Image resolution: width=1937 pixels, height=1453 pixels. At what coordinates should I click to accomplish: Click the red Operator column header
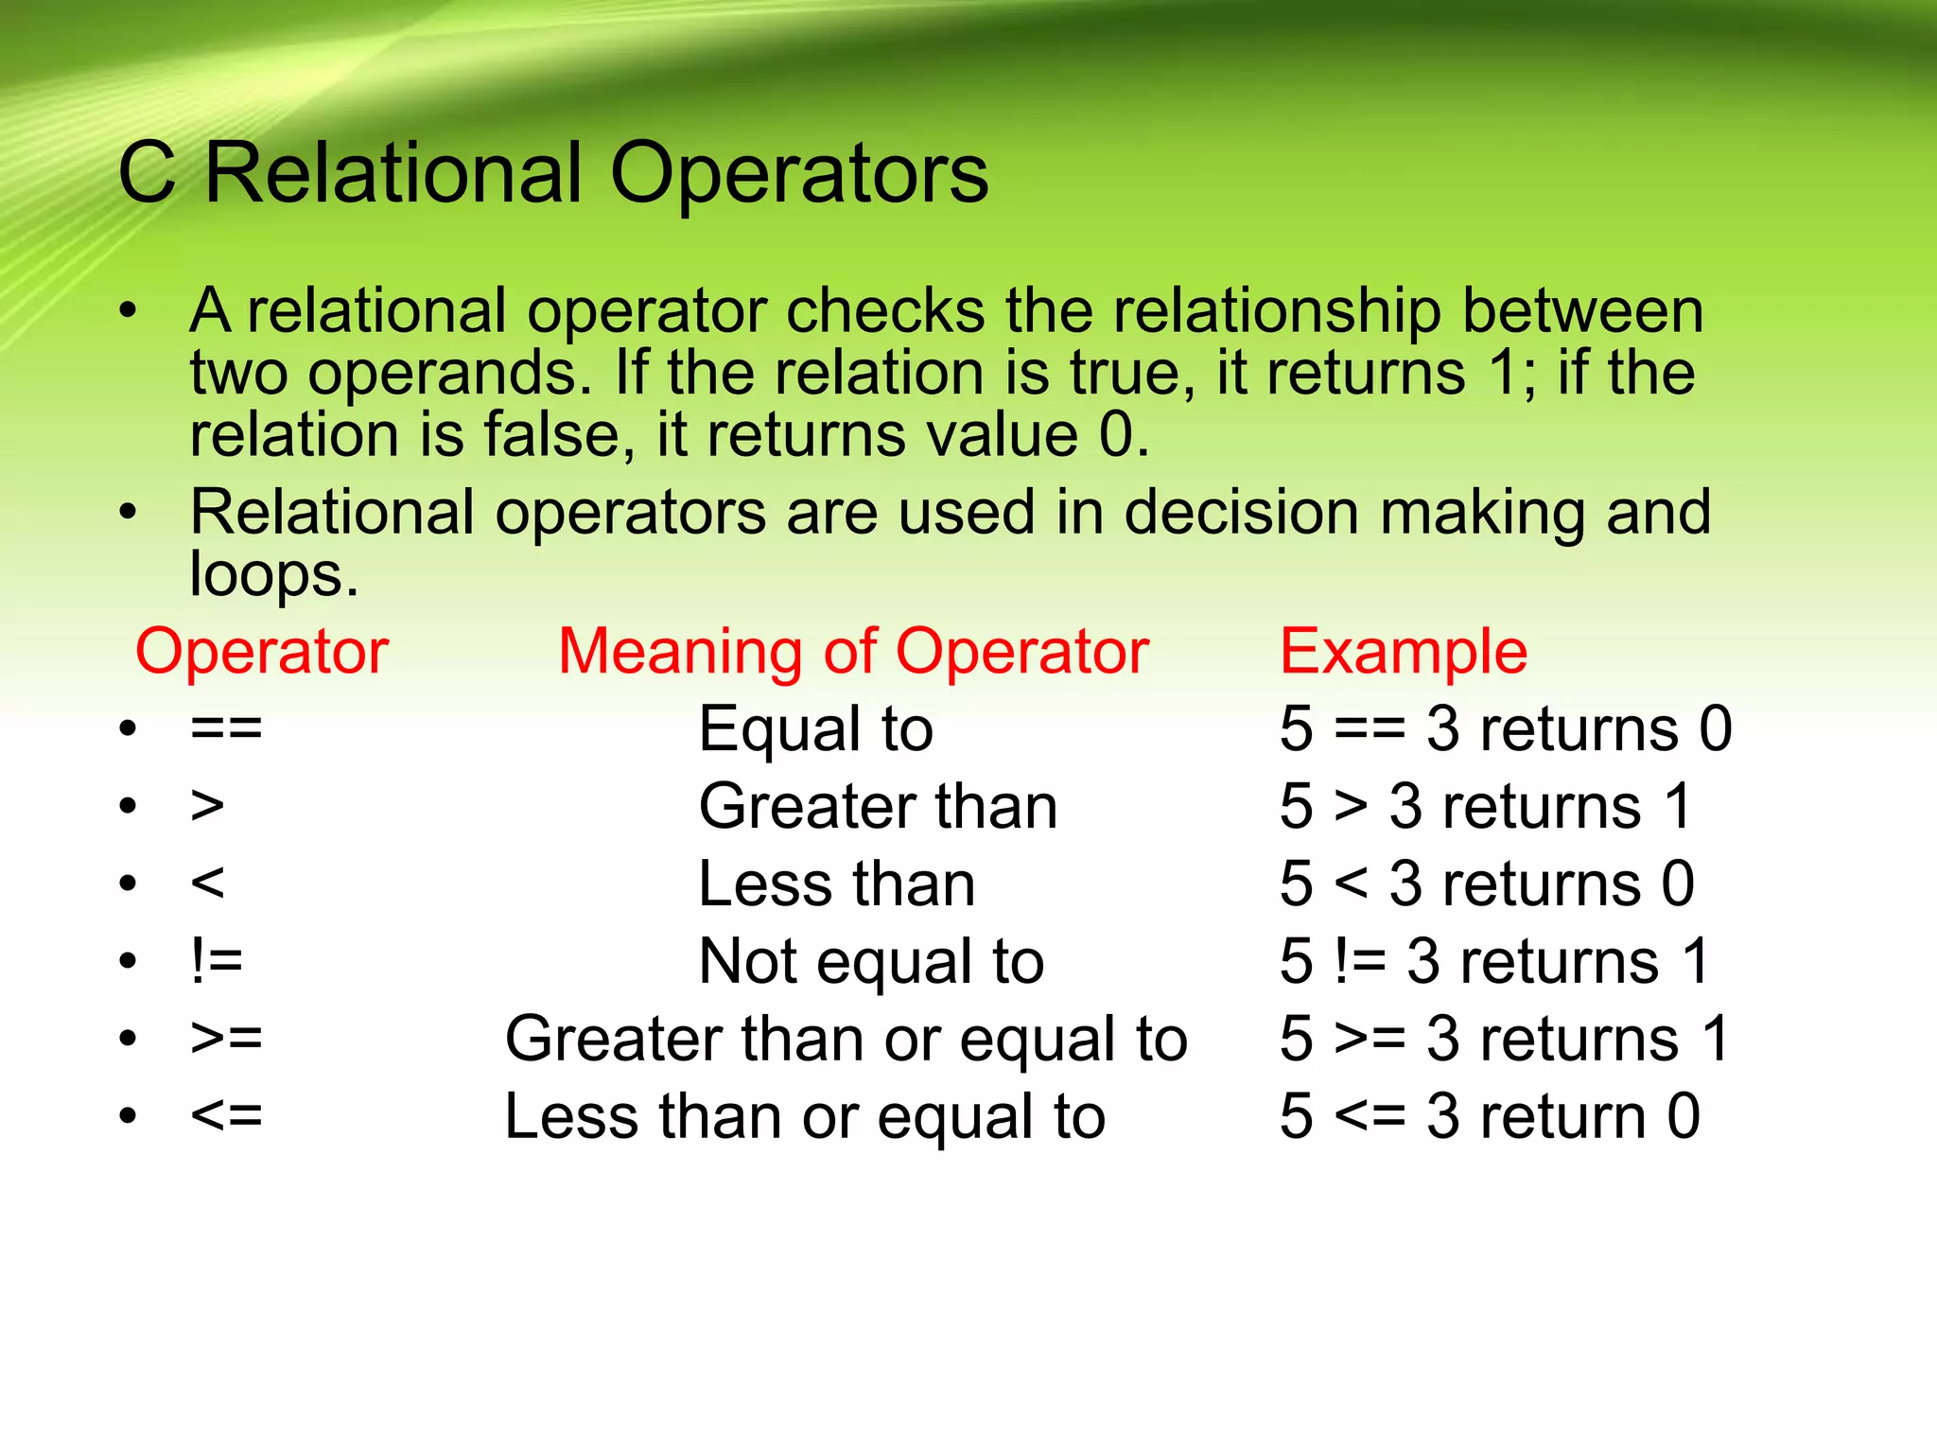point(262,652)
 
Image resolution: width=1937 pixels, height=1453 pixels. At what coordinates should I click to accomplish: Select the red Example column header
point(1403,652)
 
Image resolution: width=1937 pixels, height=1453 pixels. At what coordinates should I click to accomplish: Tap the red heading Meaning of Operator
point(853,652)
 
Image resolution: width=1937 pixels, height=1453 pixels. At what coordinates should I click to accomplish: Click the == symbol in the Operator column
point(226,729)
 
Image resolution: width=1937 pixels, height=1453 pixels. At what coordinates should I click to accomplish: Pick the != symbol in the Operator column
point(217,962)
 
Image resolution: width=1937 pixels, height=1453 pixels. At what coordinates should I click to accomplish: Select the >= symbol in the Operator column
point(226,1040)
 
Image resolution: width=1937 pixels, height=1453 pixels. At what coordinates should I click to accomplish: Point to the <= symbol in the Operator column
point(226,1117)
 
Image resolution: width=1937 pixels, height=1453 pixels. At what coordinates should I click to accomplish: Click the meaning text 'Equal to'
point(815,729)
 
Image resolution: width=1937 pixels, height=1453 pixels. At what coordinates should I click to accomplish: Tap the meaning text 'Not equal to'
point(871,962)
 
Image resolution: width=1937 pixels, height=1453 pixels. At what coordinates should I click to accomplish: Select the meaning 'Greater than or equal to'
point(846,1040)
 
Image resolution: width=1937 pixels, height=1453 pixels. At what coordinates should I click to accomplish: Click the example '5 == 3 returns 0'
point(1505,729)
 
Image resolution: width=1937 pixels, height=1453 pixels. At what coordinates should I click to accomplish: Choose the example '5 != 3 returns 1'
point(1494,962)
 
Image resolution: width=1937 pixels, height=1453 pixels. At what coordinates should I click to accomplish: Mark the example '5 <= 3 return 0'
point(1490,1117)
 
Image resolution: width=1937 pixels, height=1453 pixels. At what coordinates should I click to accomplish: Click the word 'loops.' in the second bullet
point(274,575)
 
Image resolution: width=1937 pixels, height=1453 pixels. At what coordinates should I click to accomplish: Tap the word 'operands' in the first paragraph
point(449,374)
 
